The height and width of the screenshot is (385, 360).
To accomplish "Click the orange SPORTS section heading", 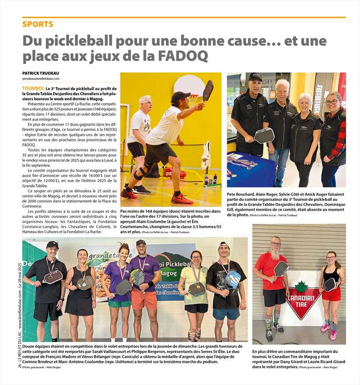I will pyautogui.click(x=38, y=24).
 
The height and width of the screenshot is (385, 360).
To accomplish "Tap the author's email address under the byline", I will pyautogui.click(x=41, y=79).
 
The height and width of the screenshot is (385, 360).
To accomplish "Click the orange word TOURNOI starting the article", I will pyautogui.click(x=33, y=88).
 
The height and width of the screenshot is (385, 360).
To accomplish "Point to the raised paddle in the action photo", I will pyautogui.click(x=208, y=90).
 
